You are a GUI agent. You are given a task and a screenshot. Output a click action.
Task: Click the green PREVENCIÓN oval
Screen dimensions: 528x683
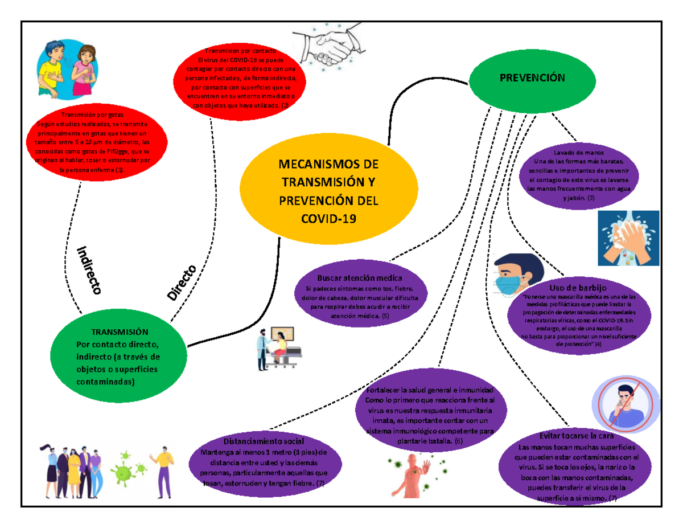coord(532,78)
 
